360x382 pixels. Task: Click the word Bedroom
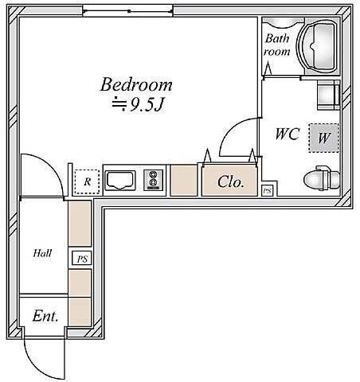tap(136, 84)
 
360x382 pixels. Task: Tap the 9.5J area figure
tap(146, 105)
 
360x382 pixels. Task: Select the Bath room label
tap(276, 45)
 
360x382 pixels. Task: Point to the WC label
tap(288, 134)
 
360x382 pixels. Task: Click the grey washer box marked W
tap(323, 138)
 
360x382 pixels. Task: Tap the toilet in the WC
tap(322, 178)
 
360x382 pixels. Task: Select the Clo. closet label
tap(230, 182)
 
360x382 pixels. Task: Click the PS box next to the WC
tap(268, 190)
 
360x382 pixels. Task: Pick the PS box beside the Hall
tap(82, 259)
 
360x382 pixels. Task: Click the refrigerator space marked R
tap(87, 181)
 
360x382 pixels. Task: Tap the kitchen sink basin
tap(119, 181)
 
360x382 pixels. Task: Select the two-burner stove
tap(153, 180)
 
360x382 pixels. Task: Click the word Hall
tap(42, 253)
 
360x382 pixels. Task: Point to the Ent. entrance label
tap(45, 316)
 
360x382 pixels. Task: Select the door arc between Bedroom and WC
tap(230, 129)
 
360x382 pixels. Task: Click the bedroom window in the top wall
tap(127, 11)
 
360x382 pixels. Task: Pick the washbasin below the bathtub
tap(328, 95)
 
